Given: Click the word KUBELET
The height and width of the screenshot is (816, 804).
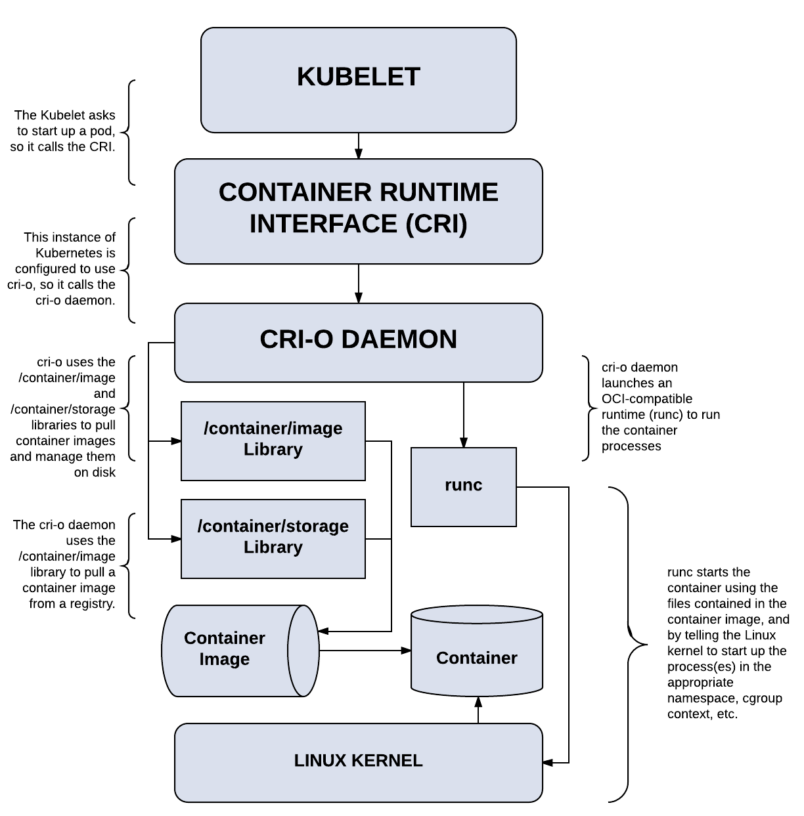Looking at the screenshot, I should (358, 77).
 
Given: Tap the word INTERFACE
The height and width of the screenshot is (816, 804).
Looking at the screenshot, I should (323, 224).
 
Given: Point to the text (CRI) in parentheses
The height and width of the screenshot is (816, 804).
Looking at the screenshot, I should (436, 224).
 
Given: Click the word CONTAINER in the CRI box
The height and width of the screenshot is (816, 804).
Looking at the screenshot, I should (295, 192).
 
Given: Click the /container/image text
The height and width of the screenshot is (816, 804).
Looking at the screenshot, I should (273, 429).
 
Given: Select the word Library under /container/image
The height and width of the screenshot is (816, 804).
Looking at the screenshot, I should (273, 450).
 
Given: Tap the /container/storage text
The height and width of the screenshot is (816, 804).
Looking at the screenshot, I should (273, 526).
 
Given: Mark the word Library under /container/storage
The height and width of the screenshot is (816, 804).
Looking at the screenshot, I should (273, 548).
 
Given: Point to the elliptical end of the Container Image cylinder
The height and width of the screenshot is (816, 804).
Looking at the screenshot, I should (303, 651).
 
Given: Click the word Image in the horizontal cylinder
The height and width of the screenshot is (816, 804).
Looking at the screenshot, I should (225, 659).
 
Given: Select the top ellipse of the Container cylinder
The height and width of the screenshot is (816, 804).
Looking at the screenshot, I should (477, 615).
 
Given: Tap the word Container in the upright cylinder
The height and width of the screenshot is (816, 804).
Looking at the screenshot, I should (477, 658).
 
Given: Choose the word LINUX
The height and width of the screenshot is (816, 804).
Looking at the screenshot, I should (320, 761).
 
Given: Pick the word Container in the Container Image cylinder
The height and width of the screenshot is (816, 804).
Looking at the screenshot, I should (225, 638).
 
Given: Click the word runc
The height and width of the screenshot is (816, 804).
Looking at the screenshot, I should (463, 485).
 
